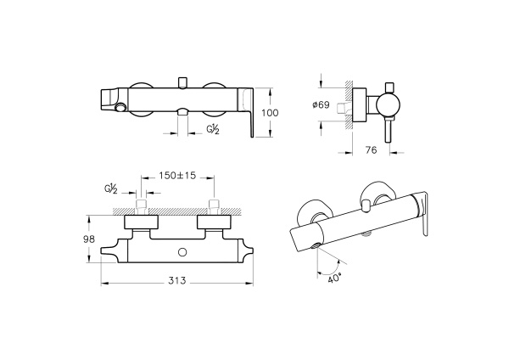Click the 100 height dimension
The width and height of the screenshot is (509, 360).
click(x=270, y=113)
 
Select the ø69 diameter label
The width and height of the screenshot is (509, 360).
click(x=321, y=105)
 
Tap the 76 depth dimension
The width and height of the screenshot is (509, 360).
click(x=371, y=150)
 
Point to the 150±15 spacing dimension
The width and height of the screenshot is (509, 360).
click(x=177, y=176)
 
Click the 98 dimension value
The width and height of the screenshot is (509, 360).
click(x=88, y=239)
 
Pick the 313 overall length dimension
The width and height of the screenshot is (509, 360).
click(x=177, y=280)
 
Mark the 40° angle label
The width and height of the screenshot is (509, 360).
click(x=335, y=278)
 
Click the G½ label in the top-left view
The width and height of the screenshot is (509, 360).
click(x=213, y=129)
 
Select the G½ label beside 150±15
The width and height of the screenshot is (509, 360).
click(x=111, y=188)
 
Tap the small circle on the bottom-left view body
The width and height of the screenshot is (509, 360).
click(x=182, y=252)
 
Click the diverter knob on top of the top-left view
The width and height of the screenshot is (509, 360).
click(x=183, y=82)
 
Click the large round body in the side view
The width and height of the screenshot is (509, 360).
click(x=389, y=105)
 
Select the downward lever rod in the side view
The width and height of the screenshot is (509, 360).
click(x=388, y=129)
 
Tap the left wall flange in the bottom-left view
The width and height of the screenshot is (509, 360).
click(x=141, y=222)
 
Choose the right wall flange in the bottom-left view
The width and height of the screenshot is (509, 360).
click(x=214, y=222)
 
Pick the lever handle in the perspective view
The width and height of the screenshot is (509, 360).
click(x=422, y=213)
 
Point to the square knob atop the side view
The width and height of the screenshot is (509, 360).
click(x=389, y=87)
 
